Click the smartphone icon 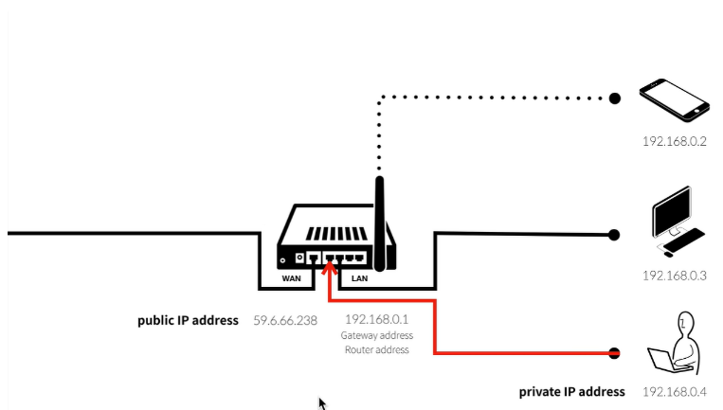[675, 99]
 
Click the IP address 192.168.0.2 [675, 141]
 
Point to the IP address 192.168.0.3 [675, 275]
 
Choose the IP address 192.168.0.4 [675, 391]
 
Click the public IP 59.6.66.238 [284, 320]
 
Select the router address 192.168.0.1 [376, 320]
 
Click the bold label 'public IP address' [188, 320]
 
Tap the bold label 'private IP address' [571, 391]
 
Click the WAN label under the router [291, 278]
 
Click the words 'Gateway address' [376, 335]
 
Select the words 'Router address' [376, 349]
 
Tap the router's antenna [381, 213]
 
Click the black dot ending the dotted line [614, 98]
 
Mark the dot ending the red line [614, 353]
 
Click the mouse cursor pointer [322, 403]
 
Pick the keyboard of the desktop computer [682, 241]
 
